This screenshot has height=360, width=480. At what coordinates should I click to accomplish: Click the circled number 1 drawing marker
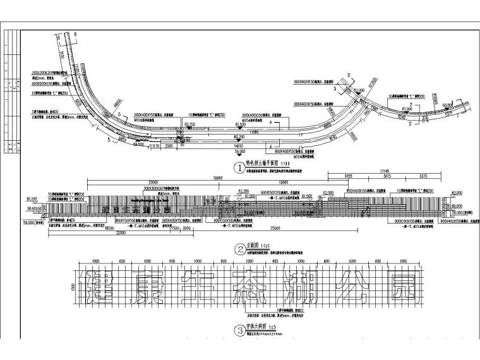pyautogui.click(x=239, y=169)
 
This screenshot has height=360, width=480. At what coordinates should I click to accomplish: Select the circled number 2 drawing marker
pyautogui.click(x=239, y=249)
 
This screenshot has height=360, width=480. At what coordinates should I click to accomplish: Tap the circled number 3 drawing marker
pyautogui.click(x=239, y=329)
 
